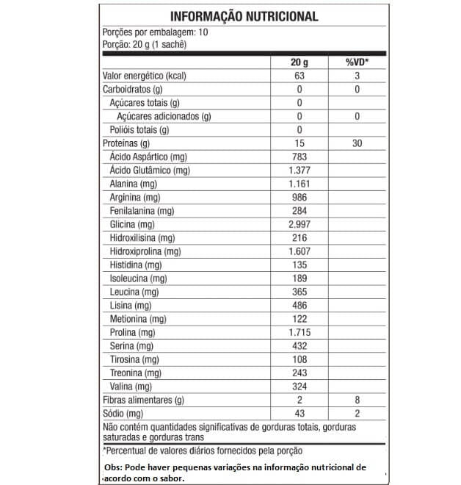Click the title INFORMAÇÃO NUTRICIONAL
coord(244,16)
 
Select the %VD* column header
coord(357,62)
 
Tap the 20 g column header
coord(300,62)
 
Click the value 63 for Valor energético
coord(300,76)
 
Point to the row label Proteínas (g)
coord(126,143)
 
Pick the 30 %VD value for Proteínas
coord(357,143)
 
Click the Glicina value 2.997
coord(300,224)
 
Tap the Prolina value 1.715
coord(300,332)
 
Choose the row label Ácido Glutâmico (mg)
coord(150,170)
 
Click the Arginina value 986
coord(300,198)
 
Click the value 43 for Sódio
coord(300,413)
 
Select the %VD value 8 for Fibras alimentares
coord(357,400)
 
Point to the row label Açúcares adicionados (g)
coord(164,116)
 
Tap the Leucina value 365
coord(300,292)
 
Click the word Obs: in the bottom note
coord(115,467)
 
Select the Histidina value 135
coord(300,265)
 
